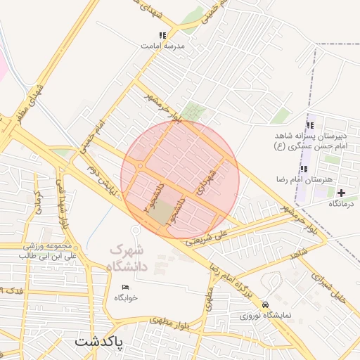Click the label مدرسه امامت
click(x=162, y=45)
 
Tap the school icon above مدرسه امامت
click(x=162, y=34)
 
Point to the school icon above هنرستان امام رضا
click(x=304, y=169)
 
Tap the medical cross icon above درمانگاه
click(x=342, y=193)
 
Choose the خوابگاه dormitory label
click(x=126, y=297)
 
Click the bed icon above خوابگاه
click(x=126, y=288)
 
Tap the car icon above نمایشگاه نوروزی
click(x=265, y=305)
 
